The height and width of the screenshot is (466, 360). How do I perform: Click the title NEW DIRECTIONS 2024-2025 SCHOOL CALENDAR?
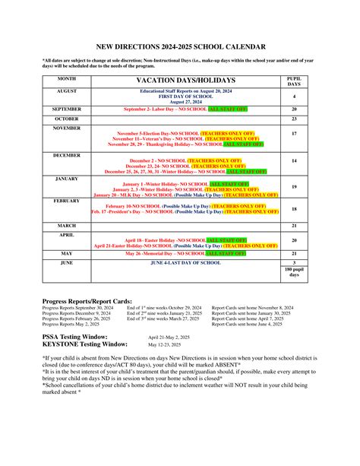click(180, 46)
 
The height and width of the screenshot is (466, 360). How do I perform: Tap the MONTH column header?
click(67, 78)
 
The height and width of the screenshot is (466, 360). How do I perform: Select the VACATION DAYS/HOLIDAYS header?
click(186, 80)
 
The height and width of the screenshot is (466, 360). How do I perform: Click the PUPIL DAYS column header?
click(294, 80)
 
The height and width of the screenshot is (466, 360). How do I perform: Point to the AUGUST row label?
click(67, 90)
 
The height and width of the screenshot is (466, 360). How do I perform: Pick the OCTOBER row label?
click(67, 119)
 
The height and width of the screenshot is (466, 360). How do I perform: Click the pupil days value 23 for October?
click(294, 119)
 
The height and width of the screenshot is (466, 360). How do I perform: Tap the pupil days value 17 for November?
click(294, 133)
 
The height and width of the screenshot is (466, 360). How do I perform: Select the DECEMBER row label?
click(67, 154)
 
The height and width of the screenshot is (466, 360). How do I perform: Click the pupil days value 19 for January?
click(294, 186)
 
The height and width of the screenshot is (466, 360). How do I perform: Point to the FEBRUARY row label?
click(67, 201)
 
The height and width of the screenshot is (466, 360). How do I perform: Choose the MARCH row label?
click(67, 225)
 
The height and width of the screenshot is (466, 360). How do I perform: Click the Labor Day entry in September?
click(185, 109)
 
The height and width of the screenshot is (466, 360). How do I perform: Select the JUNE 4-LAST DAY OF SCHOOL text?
click(185, 262)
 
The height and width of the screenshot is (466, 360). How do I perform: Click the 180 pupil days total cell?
click(294, 272)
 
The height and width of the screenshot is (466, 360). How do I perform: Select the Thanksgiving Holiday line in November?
click(186, 144)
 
